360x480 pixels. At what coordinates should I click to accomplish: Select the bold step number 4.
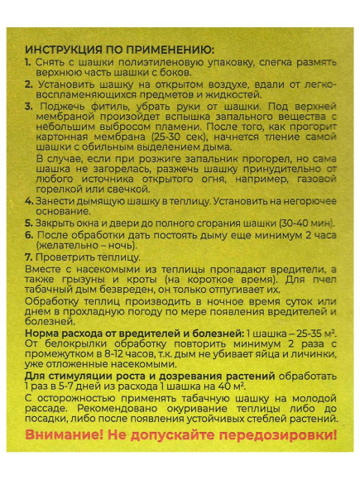(27, 200)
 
